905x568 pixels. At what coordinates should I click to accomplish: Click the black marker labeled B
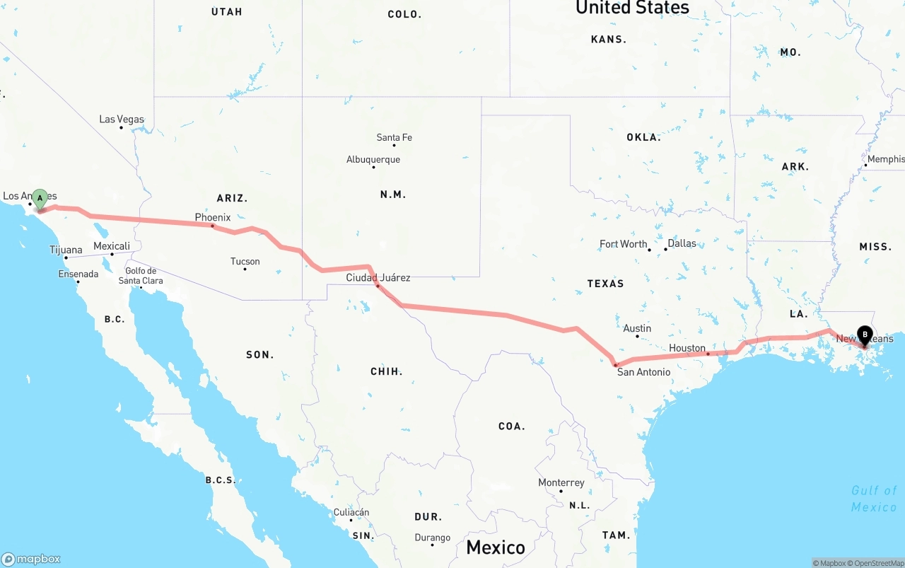pos(864,335)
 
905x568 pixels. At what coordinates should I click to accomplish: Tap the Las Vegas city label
pos(122,119)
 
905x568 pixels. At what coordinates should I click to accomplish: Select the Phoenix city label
pos(213,217)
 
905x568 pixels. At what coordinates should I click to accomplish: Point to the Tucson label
pos(245,261)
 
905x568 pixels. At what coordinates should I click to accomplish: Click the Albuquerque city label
pos(373,159)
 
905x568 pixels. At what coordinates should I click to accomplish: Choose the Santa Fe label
pos(394,137)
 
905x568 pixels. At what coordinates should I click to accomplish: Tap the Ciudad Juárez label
pos(378,277)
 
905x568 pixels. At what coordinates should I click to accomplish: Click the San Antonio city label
pos(643,371)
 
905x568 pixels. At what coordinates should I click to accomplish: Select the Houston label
pos(687,348)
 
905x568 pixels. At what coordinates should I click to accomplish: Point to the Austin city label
pos(637,328)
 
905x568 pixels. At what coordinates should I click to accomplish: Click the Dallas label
pos(682,243)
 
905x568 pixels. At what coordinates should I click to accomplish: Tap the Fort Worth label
pos(623,244)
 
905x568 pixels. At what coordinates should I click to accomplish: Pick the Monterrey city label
pos(561,482)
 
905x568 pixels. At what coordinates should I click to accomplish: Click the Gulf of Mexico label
pos(874,498)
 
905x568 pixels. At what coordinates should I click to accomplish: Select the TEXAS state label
pos(605,284)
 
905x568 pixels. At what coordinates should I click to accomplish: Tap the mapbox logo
pos(32,559)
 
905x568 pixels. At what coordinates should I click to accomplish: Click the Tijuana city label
pos(66,250)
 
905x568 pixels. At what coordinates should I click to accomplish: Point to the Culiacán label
pos(351,512)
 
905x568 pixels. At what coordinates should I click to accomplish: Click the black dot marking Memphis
pos(865,166)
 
